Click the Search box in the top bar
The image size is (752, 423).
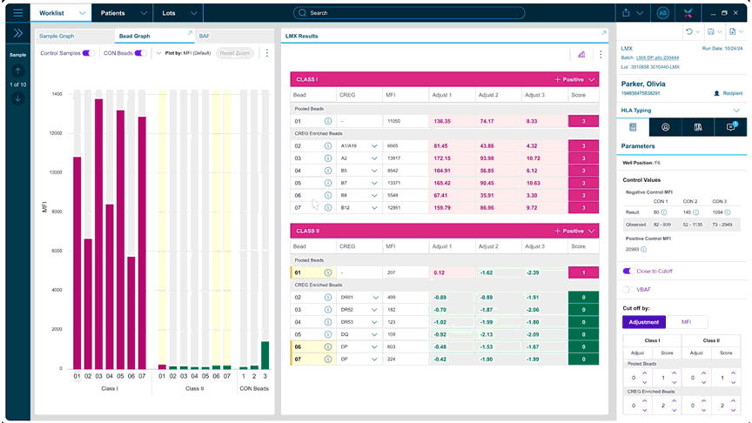click(409, 13)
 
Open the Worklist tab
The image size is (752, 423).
click(51, 13)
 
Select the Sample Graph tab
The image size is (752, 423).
click(57, 36)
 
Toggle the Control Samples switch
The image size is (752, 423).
click(88, 53)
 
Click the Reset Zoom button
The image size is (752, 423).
click(234, 53)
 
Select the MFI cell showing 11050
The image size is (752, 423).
click(393, 121)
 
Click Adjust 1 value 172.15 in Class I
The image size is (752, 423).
click(441, 158)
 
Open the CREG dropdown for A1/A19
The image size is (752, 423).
click(374, 146)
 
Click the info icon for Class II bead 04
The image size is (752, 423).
click(328, 333)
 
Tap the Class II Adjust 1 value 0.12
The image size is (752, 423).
click(440, 272)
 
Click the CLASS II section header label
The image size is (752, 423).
click(307, 232)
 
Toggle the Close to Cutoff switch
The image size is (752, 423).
click(628, 272)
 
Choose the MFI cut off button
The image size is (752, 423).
click(687, 322)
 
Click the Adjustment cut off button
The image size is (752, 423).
click(644, 322)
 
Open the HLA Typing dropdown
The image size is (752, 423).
click(736, 111)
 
